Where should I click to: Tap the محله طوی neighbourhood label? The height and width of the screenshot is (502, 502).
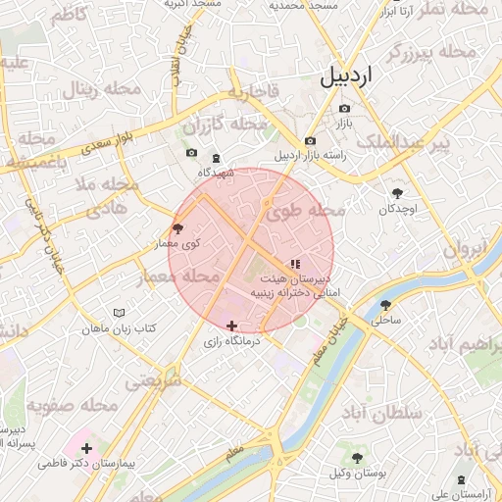pos(313,209)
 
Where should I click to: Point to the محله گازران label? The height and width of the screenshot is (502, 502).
pos(226,125)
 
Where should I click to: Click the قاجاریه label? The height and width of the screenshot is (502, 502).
pos(253,94)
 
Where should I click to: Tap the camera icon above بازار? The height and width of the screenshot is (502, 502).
pos(344,108)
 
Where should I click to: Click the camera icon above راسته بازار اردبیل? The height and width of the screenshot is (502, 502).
pos(310,140)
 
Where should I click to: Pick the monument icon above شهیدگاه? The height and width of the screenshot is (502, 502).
pos(216,158)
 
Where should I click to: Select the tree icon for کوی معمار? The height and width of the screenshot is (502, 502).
pos(177,227)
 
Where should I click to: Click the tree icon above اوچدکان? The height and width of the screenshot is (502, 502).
pos(397,193)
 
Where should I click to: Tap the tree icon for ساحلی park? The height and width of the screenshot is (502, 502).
pos(386,305)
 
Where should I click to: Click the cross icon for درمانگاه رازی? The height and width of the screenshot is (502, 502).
pos(231,326)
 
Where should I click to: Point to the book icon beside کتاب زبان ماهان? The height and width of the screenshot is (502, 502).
pos(119,313)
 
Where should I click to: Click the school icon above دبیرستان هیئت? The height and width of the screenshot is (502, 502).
pos(295,264)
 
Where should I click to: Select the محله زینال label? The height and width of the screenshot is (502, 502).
pos(103,89)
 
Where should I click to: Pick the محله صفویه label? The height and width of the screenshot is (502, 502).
pos(72,405)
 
